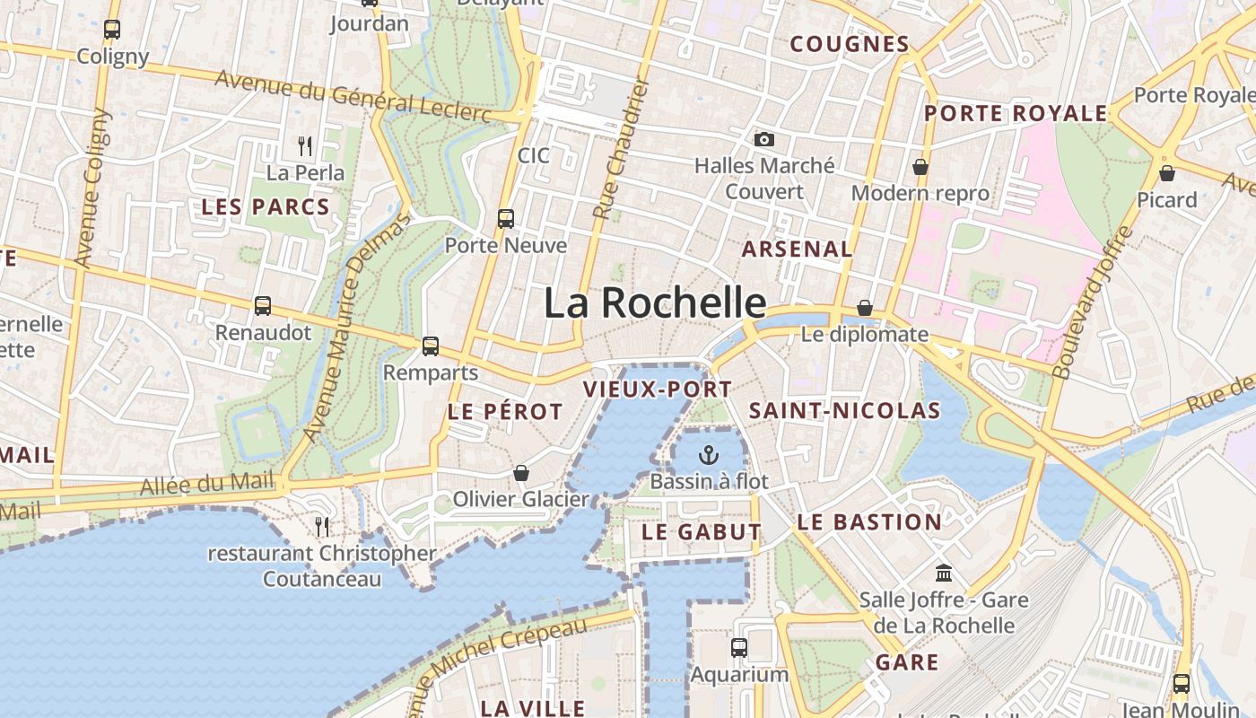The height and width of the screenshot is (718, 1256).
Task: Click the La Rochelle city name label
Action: click(x=655, y=302)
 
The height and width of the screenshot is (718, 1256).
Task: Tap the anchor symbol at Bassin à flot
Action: click(x=709, y=454)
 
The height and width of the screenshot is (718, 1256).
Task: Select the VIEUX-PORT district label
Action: click(x=658, y=390)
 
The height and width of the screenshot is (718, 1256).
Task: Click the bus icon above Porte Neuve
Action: click(x=506, y=218)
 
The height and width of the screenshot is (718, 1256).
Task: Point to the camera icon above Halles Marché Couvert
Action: click(x=764, y=139)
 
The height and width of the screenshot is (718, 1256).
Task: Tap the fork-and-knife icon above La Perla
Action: click(x=305, y=144)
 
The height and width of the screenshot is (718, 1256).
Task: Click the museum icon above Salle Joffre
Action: click(x=944, y=573)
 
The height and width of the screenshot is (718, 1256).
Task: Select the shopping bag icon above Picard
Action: click(x=1167, y=172)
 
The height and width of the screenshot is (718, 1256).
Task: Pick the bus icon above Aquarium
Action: click(x=739, y=647)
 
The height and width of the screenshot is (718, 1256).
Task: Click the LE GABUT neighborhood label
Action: click(x=702, y=531)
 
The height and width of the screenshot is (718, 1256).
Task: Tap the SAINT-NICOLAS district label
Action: click(x=844, y=411)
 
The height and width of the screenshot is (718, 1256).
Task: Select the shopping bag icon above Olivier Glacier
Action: click(x=521, y=472)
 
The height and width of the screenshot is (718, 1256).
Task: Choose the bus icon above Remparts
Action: click(x=431, y=346)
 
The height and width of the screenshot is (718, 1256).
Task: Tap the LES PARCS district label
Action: click(x=266, y=206)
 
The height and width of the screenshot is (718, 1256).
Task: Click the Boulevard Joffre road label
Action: click(x=1092, y=302)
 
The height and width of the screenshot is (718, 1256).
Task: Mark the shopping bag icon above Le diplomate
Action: click(x=865, y=308)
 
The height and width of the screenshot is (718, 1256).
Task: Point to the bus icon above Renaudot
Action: click(x=263, y=306)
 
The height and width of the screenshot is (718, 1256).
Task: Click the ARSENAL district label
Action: click(x=797, y=249)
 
